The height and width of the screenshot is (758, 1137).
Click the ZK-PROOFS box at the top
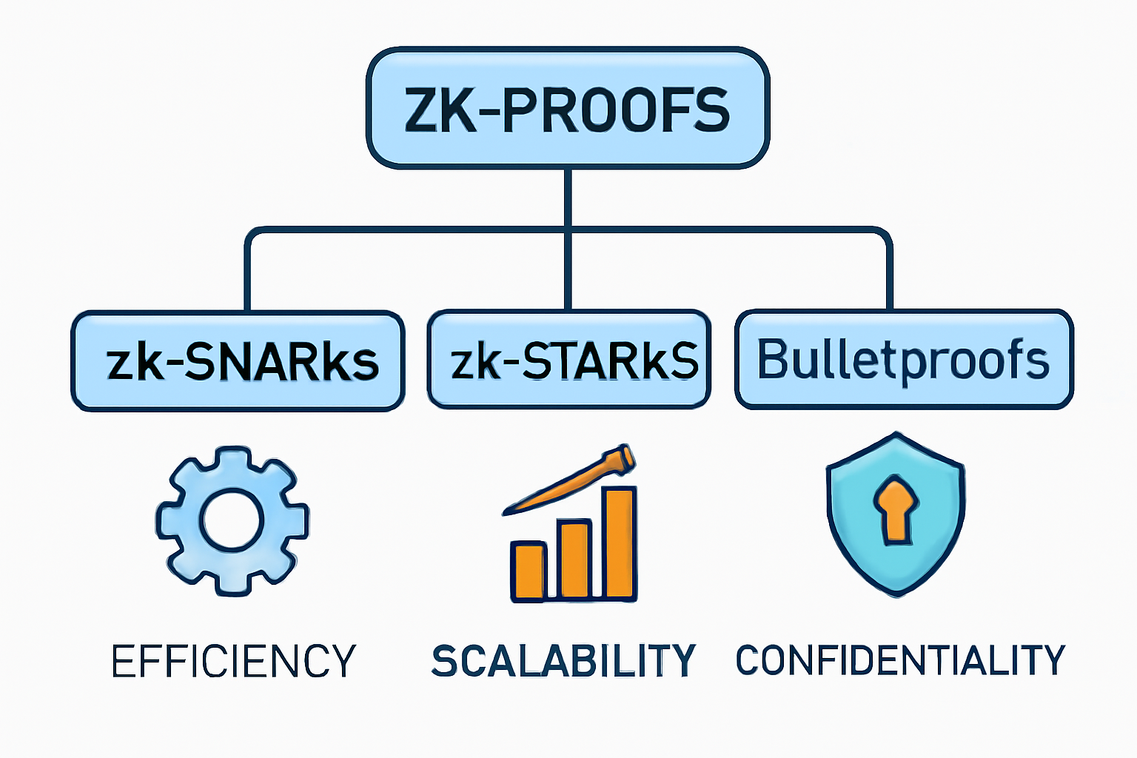tap(568, 109)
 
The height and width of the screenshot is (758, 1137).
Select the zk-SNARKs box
tap(238, 361)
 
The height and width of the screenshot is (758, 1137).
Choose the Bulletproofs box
tap(903, 360)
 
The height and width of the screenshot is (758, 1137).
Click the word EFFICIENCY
tap(233, 661)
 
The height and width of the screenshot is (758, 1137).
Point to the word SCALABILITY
tap(563, 660)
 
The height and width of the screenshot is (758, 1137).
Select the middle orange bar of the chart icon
tap(574, 560)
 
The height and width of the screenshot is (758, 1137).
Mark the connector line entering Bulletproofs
tap(889, 274)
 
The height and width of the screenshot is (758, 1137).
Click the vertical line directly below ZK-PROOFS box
tap(568, 196)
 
